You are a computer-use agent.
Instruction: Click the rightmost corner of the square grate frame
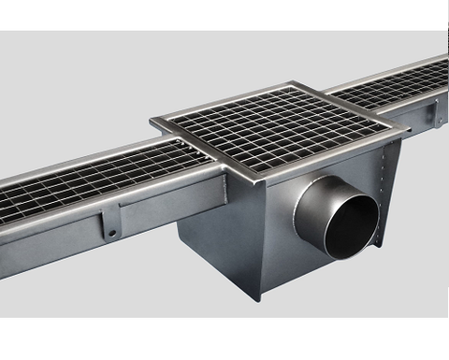click(408, 126)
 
